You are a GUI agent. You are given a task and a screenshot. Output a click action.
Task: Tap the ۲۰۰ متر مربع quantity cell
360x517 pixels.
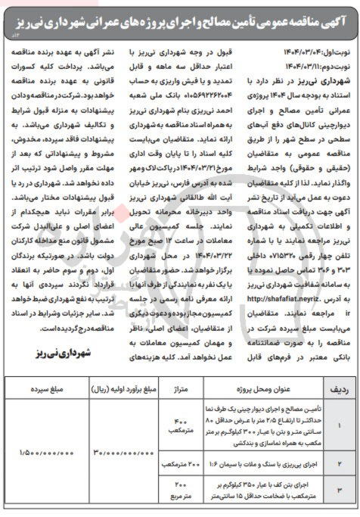coord(182,491)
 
